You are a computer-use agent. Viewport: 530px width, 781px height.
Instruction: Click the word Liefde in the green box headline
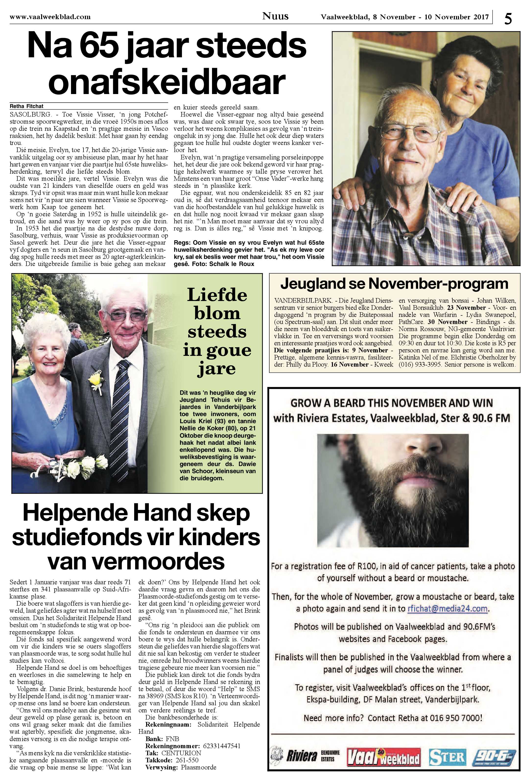pyautogui.click(x=217, y=295)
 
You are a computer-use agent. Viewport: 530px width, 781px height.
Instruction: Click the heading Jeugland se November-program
pyautogui.click(x=394, y=284)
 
